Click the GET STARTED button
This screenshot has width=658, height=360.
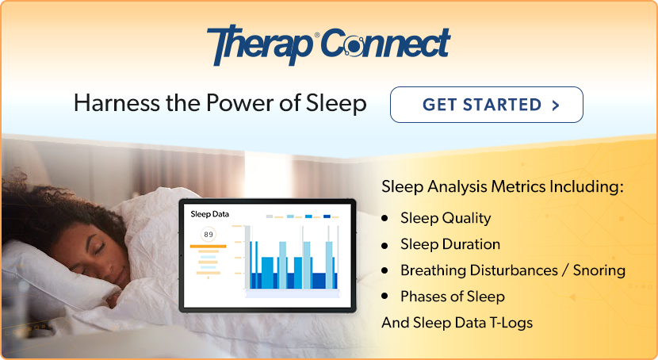[x=486, y=105]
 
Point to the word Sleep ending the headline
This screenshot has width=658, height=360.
[x=339, y=104]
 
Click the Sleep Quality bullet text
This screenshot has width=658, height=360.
[x=446, y=218]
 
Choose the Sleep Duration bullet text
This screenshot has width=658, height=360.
[x=450, y=244]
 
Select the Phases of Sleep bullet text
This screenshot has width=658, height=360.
[x=453, y=297]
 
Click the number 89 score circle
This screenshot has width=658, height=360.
[x=208, y=235]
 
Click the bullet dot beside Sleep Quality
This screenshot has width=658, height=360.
[x=385, y=218]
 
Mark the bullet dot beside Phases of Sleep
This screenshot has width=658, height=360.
[x=385, y=297]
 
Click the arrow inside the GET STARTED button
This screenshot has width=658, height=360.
[x=554, y=105]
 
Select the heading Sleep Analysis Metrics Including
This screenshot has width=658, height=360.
[x=503, y=188]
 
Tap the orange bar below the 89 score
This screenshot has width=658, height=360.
[x=208, y=247]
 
